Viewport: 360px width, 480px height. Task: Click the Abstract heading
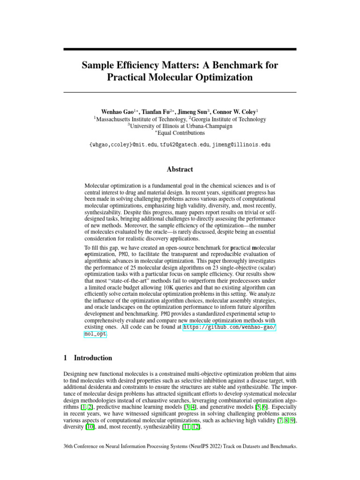[x=180, y=169]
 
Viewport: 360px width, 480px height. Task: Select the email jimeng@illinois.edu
[x=241, y=145]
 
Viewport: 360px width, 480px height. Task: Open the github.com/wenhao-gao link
[x=229, y=327]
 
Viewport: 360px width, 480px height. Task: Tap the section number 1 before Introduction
[x=65, y=358]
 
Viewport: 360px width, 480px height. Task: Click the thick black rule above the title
[x=180, y=49]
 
